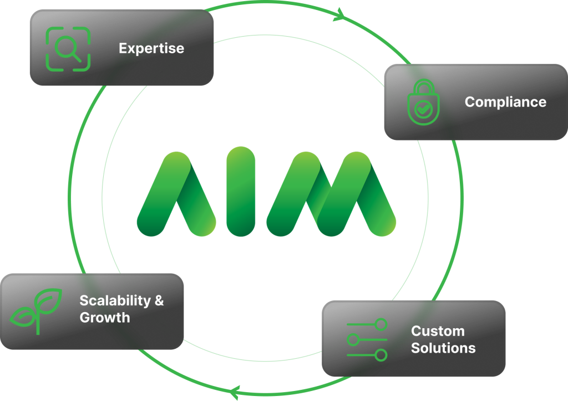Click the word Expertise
point(151,48)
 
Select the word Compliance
point(505,102)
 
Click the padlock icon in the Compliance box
point(423,103)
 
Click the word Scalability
point(115,300)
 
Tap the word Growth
point(105,318)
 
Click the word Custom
point(438,331)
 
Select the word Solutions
point(443,348)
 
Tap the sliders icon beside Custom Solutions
point(367,339)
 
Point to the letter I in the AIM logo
point(241,192)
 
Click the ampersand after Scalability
point(159,300)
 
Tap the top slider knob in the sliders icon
point(381,324)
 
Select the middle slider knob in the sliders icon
point(353,339)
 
